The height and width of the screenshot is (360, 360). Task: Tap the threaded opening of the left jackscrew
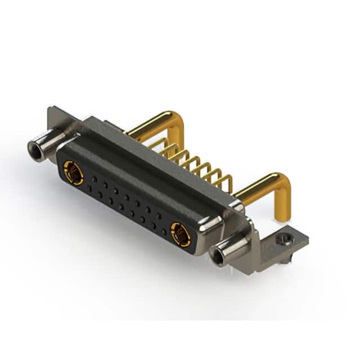coord(34,148)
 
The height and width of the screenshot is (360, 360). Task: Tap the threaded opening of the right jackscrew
coord(217,258)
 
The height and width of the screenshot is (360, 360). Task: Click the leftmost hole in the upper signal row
coord(93,179)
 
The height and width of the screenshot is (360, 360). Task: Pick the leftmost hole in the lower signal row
coord(88,189)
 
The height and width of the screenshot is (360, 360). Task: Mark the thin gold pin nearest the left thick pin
coord(158,144)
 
